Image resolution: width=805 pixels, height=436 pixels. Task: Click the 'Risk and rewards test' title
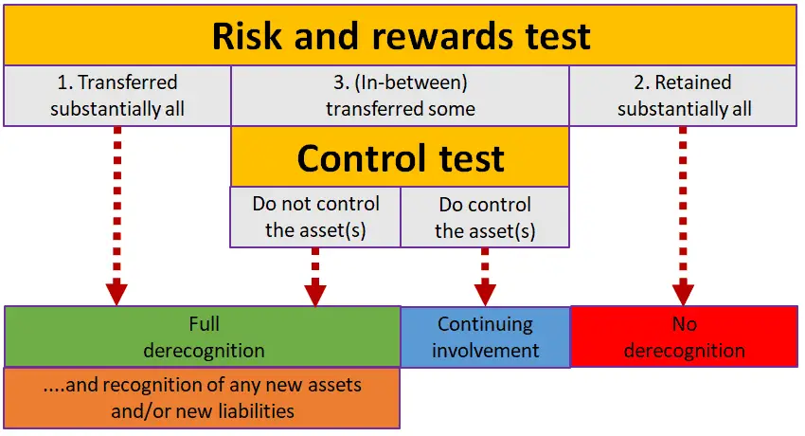click(x=401, y=35)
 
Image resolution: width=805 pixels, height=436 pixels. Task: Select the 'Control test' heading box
click(x=401, y=157)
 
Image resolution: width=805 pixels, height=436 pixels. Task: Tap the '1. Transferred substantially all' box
click(x=117, y=96)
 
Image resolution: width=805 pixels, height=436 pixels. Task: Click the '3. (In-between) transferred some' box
click(x=401, y=96)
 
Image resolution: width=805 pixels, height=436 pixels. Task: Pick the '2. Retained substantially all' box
click(x=684, y=96)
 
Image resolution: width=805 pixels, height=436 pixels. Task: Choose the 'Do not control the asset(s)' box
click(x=316, y=217)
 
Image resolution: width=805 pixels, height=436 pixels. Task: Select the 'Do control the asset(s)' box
click(x=485, y=217)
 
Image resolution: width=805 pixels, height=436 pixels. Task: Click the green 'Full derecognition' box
click(x=204, y=336)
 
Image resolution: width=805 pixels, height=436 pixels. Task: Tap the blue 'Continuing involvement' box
click(x=485, y=336)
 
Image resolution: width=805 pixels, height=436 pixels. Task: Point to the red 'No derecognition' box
click(x=684, y=336)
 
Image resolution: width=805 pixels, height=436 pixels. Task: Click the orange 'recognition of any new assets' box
click(x=203, y=398)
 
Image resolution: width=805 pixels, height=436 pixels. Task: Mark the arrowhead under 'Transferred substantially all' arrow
click(x=116, y=292)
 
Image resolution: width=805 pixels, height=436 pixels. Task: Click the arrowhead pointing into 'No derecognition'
click(x=683, y=292)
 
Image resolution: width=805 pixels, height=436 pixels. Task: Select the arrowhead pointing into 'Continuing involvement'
click(x=485, y=292)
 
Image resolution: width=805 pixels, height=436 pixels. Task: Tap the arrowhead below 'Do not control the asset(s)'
click(x=315, y=292)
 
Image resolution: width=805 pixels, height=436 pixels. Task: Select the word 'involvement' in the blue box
click(x=486, y=350)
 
